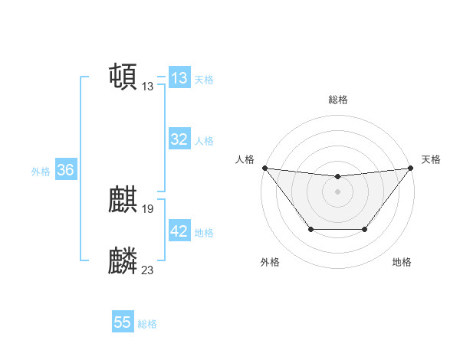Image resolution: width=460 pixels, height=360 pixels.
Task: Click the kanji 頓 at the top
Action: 123,77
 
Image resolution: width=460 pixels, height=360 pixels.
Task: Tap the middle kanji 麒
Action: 123,201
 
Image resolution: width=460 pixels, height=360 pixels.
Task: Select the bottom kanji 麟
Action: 123,261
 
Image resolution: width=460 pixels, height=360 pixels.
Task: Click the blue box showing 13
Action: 179,78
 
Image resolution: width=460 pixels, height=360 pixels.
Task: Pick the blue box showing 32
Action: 179,139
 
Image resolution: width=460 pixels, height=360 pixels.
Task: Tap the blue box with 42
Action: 179,231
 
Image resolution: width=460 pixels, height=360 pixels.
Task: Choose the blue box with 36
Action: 65,170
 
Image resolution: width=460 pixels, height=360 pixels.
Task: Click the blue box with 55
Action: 123,322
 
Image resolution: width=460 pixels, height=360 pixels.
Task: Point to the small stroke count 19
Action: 148,208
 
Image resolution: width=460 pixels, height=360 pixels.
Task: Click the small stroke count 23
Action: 148,269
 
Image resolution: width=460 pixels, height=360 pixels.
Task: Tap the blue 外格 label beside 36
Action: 41,172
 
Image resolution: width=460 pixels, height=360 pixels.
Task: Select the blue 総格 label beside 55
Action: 147,324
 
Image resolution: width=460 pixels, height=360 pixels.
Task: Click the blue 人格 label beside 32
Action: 204,141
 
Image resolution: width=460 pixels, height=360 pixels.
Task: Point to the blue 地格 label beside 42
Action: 204,233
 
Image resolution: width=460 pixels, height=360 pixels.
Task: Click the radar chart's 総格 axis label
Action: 337,100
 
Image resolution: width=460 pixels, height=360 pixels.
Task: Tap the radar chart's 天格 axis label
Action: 431,159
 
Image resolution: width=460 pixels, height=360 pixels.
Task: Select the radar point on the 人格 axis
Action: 265,168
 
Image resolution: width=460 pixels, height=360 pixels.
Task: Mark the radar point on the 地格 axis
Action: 365,229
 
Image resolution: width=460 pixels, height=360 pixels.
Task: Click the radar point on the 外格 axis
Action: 310,229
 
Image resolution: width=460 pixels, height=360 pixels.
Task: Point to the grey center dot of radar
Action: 337,191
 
